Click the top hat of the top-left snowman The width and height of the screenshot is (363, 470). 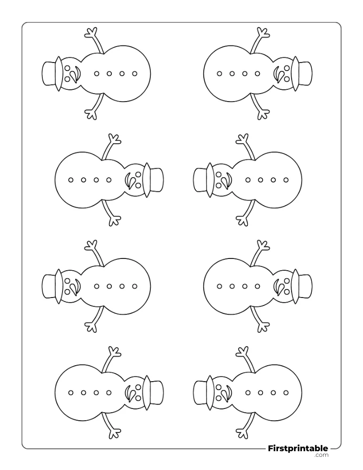(52, 73)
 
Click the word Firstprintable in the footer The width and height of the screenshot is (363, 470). (298, 448)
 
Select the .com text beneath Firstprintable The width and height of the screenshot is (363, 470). (321, 455)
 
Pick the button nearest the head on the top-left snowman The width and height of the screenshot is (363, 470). (96, 73)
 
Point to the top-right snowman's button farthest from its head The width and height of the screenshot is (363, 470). (219, 73)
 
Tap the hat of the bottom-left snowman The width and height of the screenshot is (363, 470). (154, 392)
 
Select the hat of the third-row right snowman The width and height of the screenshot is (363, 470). (301, 286)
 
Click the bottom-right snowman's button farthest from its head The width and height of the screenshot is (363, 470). (286, 392)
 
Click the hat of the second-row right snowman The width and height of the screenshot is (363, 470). (204, 180)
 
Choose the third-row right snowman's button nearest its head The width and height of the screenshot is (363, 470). (257, 286)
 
